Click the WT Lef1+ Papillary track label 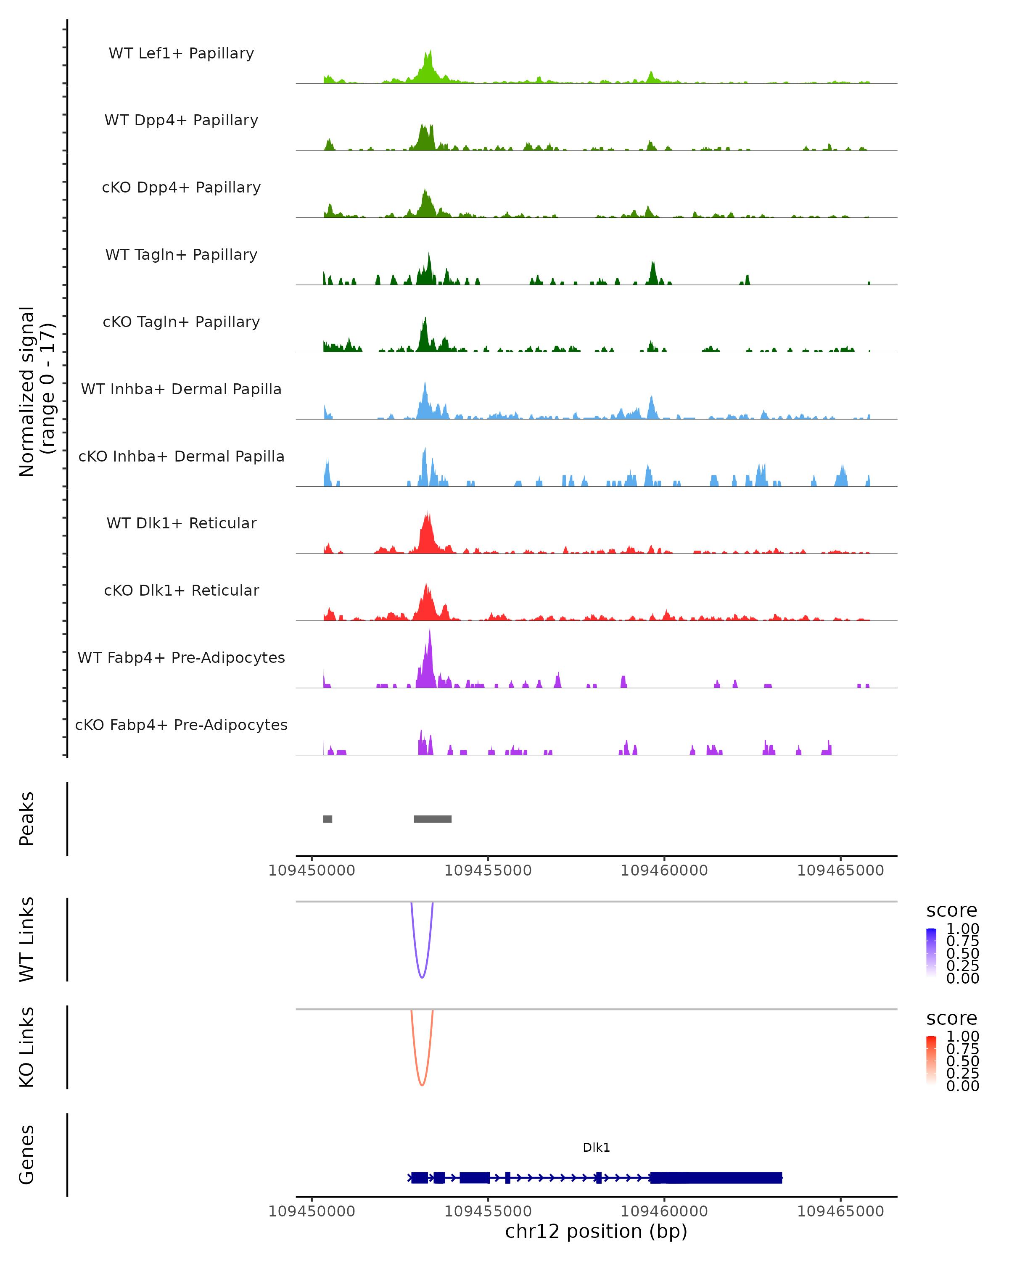(x=181, y=54)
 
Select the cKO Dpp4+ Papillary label (x=181, y=188)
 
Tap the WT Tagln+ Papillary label (x=181, y=255)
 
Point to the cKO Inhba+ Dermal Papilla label (x=181, y=457)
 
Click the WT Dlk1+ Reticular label (x=181, y=523)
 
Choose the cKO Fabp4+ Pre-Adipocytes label (x=181, y=725)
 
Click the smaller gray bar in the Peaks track (x=328, y=819)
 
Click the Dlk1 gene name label (x=596, y=1148)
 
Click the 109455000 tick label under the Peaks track (x=488, y=871)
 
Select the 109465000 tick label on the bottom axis (x=840, y=1211)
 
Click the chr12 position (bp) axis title (x=596, y=1232)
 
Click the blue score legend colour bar (x=931, y=953)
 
